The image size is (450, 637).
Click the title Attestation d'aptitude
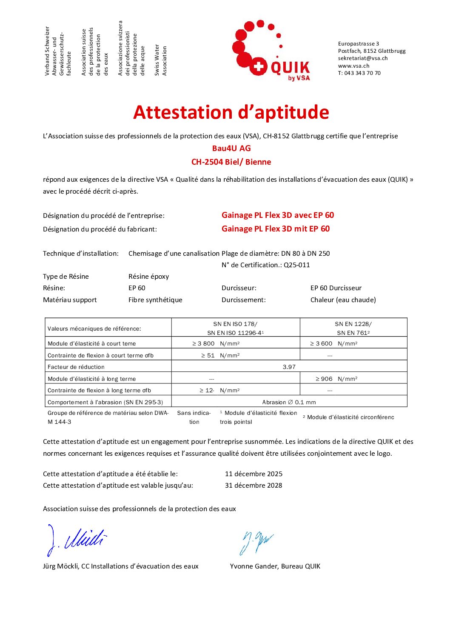pos(231,112)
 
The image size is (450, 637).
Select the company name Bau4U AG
pos(231,149)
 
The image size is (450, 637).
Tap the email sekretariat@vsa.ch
pos(362,58)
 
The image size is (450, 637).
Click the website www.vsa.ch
pos(353,66)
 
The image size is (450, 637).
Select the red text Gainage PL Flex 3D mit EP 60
pos(276,229)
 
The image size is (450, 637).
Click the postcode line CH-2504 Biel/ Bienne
pos(231,162)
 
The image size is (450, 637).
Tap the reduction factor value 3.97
pos(289,367)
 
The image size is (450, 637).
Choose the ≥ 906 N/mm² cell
pos(336,379)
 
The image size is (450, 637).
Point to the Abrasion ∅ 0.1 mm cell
pos(289,402)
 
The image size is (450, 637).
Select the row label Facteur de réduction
pos(76,367)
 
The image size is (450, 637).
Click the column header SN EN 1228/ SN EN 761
pos(353,328)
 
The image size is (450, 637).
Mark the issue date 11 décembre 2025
pos(253,474)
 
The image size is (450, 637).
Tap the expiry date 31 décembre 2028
pos(253,486)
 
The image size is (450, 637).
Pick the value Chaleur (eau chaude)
pos(343,300)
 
